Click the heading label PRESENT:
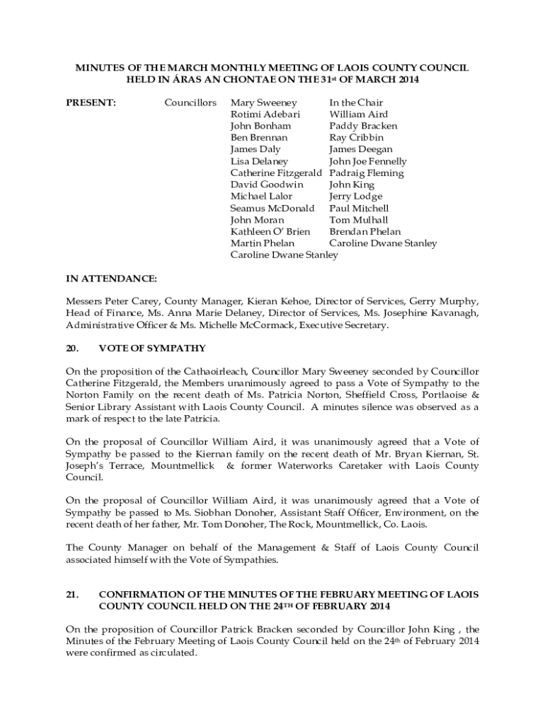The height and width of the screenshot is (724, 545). click(x=91, y=103)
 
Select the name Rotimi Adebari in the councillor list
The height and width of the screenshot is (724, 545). click(x=265, y=115)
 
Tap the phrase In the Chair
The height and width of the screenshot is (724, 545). click(x=356, y=103)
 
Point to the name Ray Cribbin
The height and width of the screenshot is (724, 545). click(x=356, y=138)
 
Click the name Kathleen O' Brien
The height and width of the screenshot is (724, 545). click(x=270, y=232)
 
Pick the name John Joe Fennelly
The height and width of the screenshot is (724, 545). click(x=367, y=161)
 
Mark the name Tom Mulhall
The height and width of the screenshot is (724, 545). click(x=358, y=220)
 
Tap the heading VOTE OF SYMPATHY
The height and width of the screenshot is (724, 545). click(x=152, y=349)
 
